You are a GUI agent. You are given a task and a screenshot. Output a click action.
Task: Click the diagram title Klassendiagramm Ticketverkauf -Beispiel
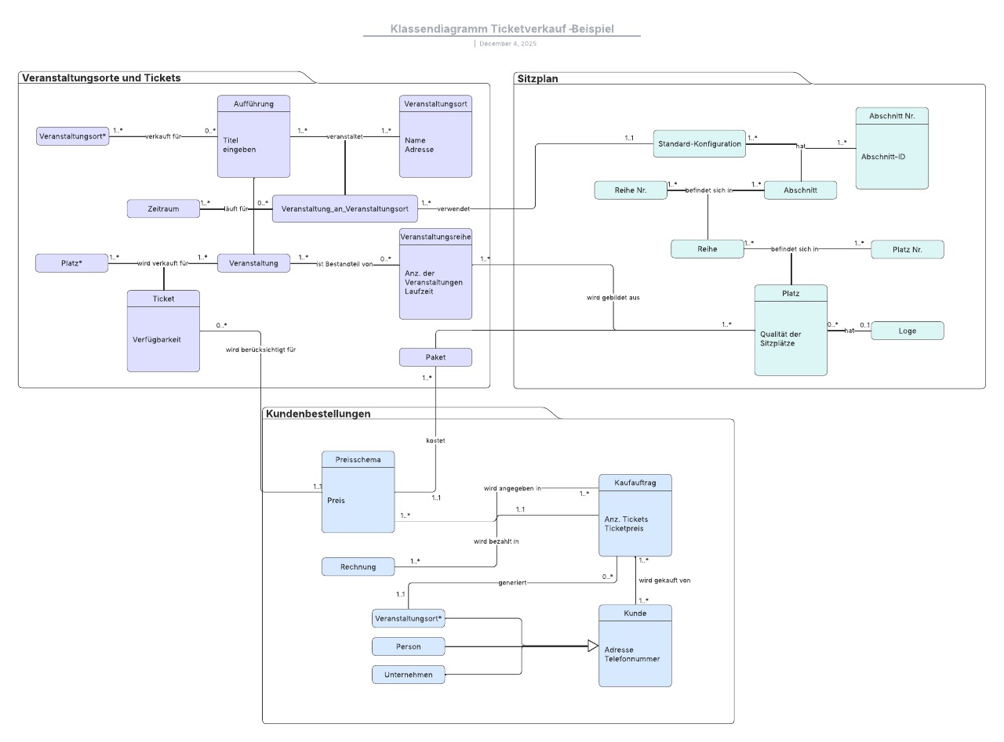pyautogui.click(x=502, y=29)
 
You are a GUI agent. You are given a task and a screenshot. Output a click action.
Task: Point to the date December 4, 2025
pyautogui.click(x=507, y=44)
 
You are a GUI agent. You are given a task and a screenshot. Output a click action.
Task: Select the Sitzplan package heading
pyautogui.click(x=538, y=78)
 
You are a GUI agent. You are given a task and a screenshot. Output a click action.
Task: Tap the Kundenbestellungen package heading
pyautogui.click(x=318, y=414)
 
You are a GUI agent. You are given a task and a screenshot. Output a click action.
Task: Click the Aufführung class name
pyautogui.click(x=253, y=103)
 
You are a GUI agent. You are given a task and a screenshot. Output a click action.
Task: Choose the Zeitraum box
pyautogui.click(x=163, y=208)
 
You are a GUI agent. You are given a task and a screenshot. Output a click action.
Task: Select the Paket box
pyautogui.click(x=435, y=357)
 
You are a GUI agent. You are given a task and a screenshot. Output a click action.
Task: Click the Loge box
pyautogui.click(x=907, y=331)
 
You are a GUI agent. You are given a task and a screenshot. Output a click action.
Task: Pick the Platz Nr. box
pyautogui.click(x=907, y=249)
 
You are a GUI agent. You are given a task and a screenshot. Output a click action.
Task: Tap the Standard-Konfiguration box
pyautogui.click(x=699, y=144)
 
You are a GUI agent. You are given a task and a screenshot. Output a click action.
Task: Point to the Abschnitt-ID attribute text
pyautogui.click(x=883, y=157)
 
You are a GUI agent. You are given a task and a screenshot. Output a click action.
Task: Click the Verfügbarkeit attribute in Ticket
pyautogui.click(x=157, y=340)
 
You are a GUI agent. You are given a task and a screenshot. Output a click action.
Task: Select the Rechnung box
pyautogui.click(x=358, y=566)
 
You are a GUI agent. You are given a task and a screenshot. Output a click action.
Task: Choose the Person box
pyautogui.click(x=408, y=646)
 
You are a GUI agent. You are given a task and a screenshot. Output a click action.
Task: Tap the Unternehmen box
pyautogui.click(x=408, y=675)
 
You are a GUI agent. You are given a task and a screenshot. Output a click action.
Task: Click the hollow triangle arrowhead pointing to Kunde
pyautogui.click(x=593, y=646)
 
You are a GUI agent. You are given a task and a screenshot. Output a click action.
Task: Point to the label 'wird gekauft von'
pyautogui.click(x=664, y=581)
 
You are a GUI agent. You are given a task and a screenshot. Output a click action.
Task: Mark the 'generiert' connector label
pyautogui.click(x=512, y=583)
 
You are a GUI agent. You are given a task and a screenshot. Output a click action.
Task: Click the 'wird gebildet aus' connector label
pyautogui.click(x=613, y=298)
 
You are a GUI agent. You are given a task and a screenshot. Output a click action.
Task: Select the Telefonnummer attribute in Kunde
pyautogui.click(x=632, y=659)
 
